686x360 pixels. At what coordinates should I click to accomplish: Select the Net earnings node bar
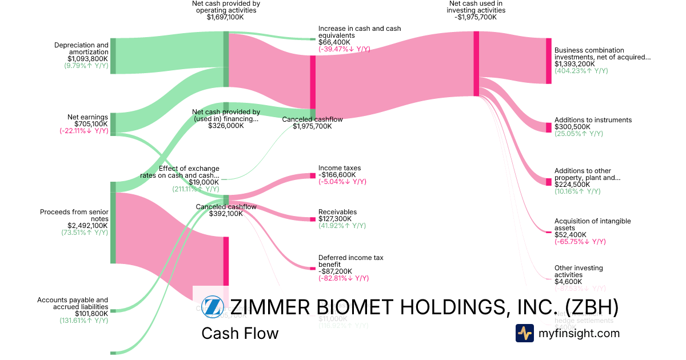(113, 123)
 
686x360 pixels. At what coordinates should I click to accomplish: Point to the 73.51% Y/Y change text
(84, 233)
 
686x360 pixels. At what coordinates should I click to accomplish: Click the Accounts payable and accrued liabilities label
(73, 303)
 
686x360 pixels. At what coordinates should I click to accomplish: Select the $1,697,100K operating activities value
(226, 18)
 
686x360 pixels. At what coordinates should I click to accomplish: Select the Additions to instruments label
(593, 120)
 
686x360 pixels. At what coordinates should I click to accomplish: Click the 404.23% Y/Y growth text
(581, 71)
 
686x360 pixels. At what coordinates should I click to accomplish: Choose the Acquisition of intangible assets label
(592, 225)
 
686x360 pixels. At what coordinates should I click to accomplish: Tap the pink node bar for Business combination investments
(548, 61)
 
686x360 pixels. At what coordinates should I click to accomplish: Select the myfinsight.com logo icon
(524, 333)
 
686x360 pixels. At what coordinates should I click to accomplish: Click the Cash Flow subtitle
(240, 333)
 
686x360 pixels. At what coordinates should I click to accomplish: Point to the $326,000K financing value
(226, 126)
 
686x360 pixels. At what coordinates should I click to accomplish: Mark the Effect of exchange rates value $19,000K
(204, 182)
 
